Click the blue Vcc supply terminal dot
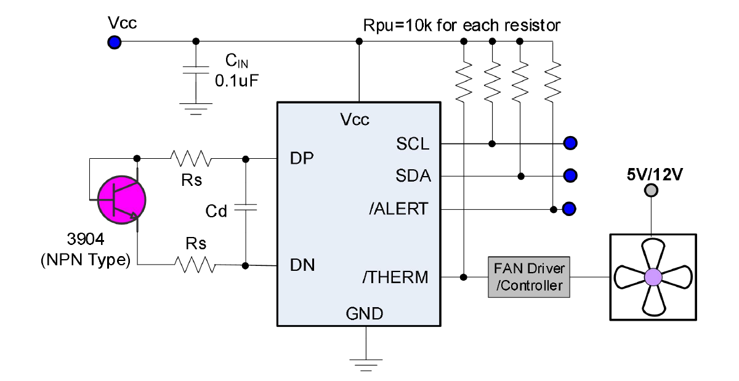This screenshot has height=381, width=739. point(114,42)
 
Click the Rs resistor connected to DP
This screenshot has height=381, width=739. point(192,159)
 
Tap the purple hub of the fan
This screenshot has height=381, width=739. point(652,277)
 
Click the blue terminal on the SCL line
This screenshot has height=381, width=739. point(570,143)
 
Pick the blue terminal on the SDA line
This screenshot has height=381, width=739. point(570,176)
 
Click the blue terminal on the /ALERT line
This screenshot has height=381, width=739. point(570,209)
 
